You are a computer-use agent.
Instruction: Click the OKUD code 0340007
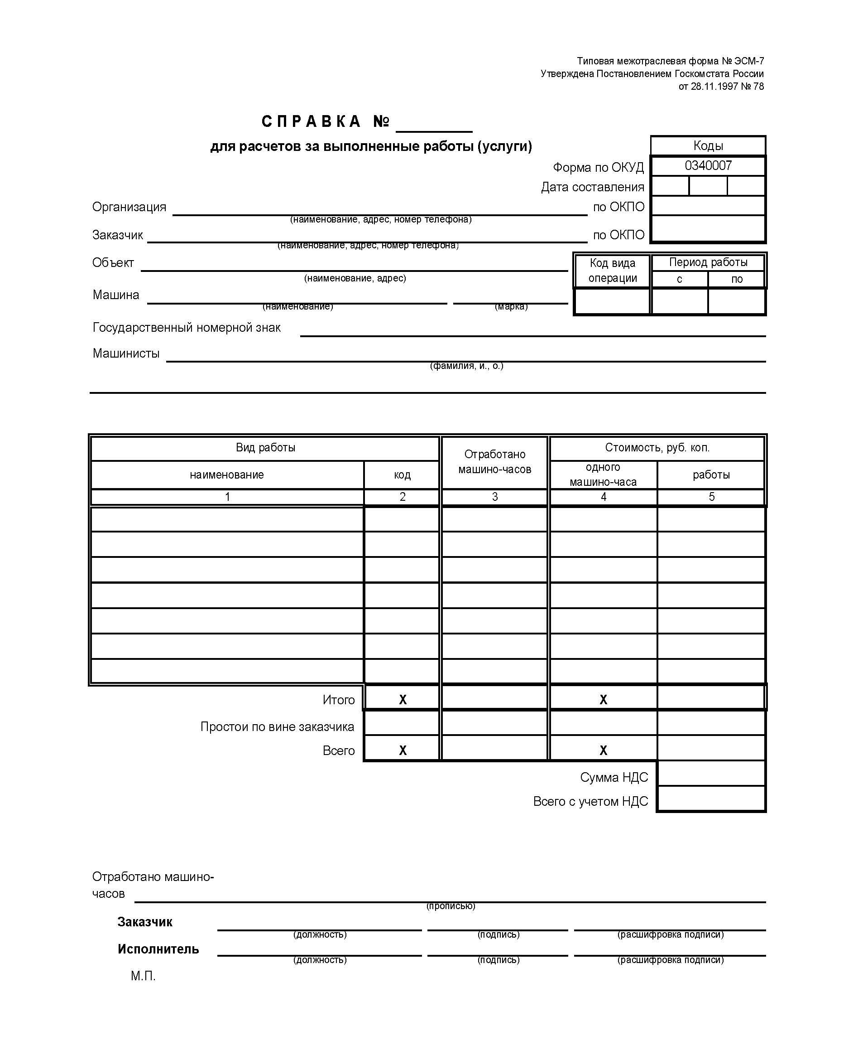[708, 166]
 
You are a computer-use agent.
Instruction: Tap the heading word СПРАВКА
[311, 121]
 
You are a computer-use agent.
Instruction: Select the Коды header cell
[708, 145]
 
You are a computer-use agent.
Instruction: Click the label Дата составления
[592, 187]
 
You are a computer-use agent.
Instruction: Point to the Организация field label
[129, 207]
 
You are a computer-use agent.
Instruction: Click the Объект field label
[113, 263]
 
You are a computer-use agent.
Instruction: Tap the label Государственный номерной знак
[187, 328]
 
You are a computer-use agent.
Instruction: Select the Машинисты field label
[126, 353]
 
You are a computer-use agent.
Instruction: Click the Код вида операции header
[612, 270]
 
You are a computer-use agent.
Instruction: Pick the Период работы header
[708, 262]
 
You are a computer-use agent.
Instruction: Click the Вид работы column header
[265, 448]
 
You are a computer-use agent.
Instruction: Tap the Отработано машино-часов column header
[494, 461]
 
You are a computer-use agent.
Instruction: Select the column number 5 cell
[711, 497]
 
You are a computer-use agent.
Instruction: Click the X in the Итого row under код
[403, 699]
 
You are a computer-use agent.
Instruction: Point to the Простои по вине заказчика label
[277, 726]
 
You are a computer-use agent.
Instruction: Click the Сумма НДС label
[614, 777]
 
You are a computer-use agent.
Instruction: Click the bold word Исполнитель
[158, 949]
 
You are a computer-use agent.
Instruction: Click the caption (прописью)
[451, 905]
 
